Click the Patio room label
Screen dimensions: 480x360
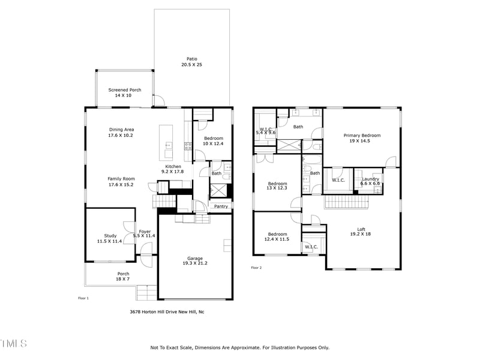coord(192,59)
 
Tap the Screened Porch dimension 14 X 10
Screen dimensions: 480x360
coord(123,95)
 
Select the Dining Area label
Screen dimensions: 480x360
coord(122,130)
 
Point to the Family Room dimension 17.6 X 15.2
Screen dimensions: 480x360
coord(121,185)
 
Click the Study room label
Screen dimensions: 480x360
coord(110,236)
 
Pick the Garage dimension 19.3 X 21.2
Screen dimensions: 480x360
coord(195,263)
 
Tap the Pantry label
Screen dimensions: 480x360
coord(221,206)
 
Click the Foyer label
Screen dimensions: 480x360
coord(145,232)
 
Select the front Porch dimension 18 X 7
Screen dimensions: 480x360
coord(123,279)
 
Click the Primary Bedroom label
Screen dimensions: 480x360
coord(362,136)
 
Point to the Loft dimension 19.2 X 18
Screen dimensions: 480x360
coord(361,234)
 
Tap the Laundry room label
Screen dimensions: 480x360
coord(370,179)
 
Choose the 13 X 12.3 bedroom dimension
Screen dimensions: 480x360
coord(277,188)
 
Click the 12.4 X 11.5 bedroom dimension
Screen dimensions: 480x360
coord(277,239)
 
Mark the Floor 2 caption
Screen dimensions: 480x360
coord(257,268)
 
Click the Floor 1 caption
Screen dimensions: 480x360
coord(83,298)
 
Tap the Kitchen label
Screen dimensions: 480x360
coord(173,167)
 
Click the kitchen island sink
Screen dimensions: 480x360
coord(168,145)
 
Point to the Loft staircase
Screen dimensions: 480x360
coord(346,202)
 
